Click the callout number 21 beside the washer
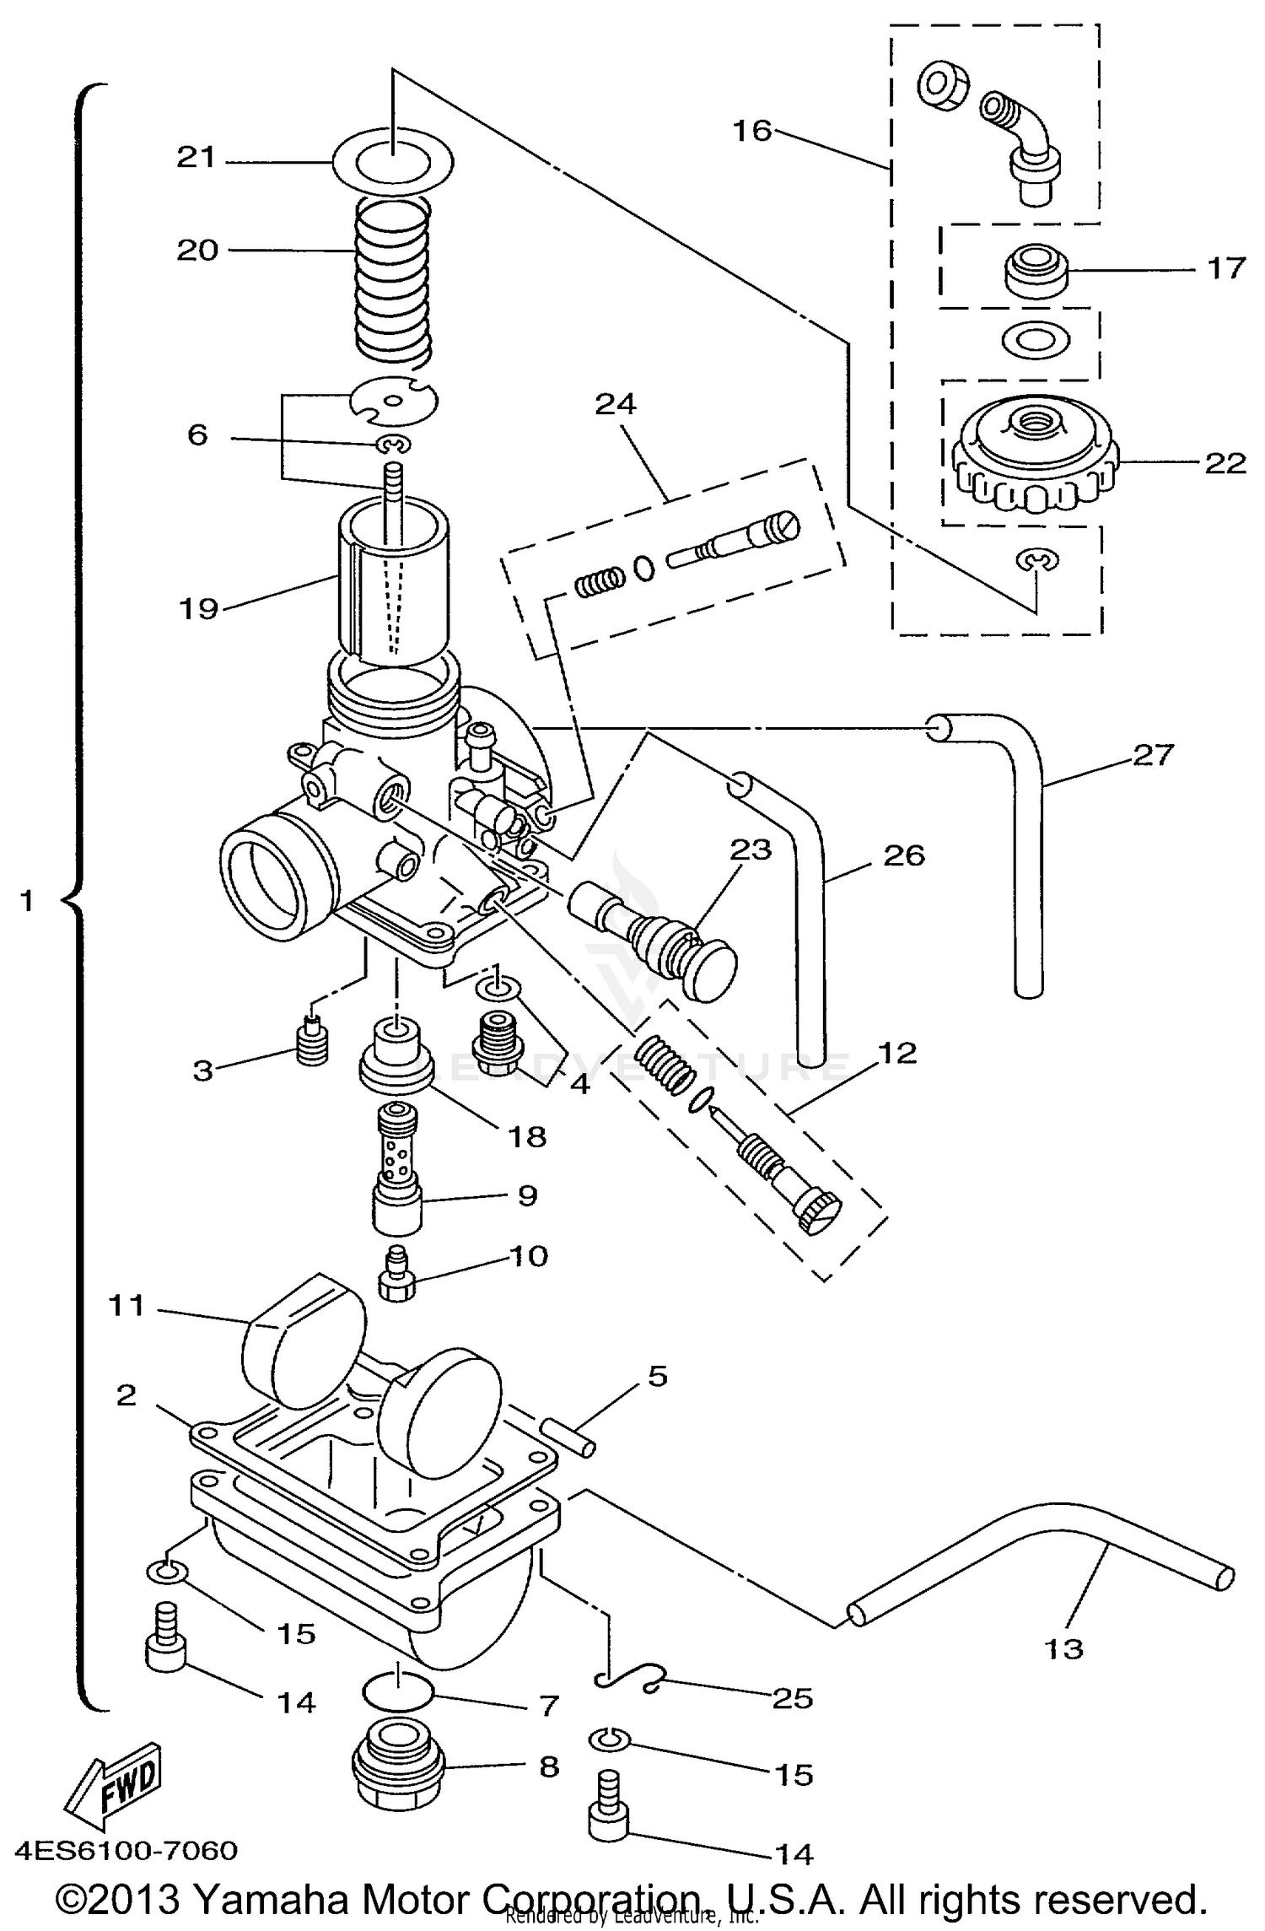point(196,158)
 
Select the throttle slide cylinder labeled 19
point(394,591)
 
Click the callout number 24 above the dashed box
point(615,405)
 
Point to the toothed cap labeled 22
point(1034,460)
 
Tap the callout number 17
point(1225,268)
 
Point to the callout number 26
point(904,855)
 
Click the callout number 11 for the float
point(126,1306)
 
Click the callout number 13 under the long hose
point(1063,1648)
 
